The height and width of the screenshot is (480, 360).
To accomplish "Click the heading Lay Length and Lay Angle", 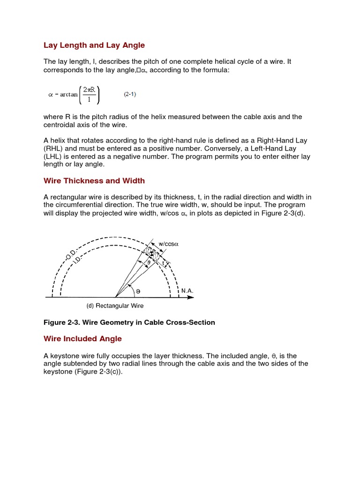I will (x=94, y=45).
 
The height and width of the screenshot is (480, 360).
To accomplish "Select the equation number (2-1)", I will (x=130, y=94).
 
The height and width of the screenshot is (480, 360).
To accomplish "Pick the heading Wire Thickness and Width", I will (x=94, y=180).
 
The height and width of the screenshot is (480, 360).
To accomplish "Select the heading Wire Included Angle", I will (x=82, y=338).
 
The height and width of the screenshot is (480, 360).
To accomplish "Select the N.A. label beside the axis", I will (x=187, y=291).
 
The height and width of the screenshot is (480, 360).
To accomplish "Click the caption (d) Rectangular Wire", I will (x=115, y=306).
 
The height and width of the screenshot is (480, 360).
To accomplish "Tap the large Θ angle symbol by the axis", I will (x=137, y=291).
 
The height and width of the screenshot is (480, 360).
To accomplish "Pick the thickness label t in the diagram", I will (x=163, y=264).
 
